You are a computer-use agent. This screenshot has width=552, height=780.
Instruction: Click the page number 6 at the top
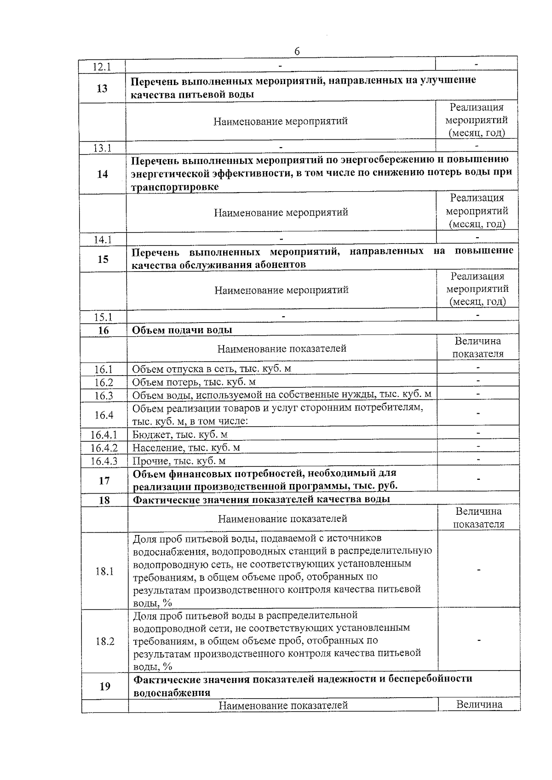297,51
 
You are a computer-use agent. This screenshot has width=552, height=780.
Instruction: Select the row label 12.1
102,67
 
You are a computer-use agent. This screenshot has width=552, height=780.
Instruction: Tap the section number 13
102,88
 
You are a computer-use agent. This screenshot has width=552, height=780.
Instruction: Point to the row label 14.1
103,239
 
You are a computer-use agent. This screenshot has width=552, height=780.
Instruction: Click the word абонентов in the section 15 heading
276,265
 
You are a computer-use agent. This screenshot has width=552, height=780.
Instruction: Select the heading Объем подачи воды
182,330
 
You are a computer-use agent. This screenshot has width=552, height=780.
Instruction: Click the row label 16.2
103,382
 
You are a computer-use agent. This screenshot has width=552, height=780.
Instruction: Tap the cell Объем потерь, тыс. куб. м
194,382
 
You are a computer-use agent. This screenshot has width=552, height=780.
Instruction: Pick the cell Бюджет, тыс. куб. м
180,435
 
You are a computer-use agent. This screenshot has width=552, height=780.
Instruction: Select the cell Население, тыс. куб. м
186,448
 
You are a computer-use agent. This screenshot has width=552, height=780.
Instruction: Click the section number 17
104,481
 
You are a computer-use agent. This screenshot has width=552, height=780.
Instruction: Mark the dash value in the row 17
479,480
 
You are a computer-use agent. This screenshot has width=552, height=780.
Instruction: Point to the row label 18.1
104,571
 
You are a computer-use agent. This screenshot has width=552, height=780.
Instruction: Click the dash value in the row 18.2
479,640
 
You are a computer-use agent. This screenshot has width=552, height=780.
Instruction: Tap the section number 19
105,687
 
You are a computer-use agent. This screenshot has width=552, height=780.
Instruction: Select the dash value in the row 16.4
478,414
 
